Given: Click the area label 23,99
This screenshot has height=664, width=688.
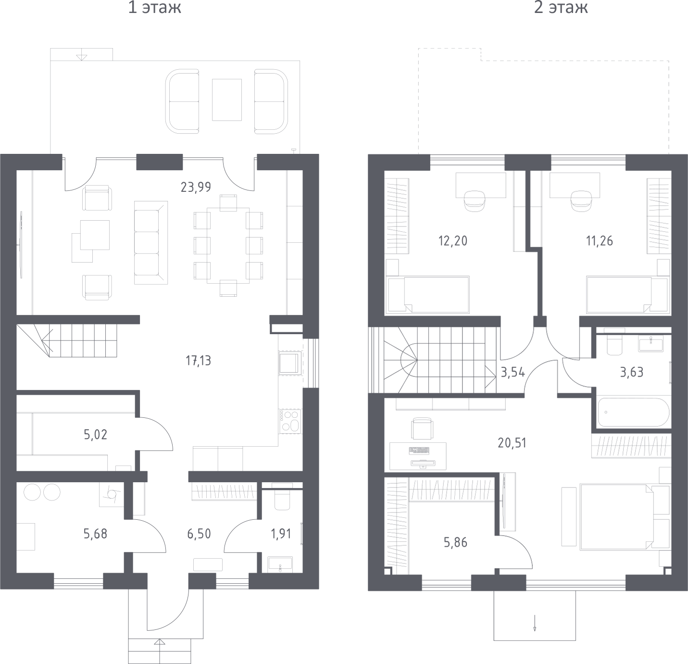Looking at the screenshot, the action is [x=196, y=187].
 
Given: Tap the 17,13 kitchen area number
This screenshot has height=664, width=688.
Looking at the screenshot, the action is [x=199, y=361].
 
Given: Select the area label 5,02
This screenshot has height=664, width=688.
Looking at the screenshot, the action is [x=96, y=435].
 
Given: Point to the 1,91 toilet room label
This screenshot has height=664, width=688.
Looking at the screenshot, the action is [x=281, y=534].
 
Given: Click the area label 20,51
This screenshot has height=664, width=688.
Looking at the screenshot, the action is [x=512, y=443].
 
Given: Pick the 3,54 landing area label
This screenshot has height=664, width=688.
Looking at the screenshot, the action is [x=513, y=372].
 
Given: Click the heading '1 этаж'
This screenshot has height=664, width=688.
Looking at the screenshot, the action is [x=154, y=7].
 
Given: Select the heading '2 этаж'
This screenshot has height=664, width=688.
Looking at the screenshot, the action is [x=561, y=7].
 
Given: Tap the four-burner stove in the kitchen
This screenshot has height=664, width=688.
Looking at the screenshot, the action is [x=290, y=421].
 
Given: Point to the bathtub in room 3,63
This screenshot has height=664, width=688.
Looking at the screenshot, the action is [x=634, y=412].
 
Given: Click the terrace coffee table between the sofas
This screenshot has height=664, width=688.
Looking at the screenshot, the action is [x=226, y=100].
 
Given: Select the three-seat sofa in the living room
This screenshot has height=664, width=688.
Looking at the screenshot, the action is [x=150, y=242].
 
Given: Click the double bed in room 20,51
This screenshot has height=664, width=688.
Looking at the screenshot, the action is [x=625, y=517].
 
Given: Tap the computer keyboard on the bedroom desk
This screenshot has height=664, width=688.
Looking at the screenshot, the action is [x=419, y=451].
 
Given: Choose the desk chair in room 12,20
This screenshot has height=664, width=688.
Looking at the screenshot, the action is [x=474, y=201].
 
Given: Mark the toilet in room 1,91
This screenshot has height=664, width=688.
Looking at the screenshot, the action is [x=282, y=499].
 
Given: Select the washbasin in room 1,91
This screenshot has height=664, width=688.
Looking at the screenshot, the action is [x=280, y=564].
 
